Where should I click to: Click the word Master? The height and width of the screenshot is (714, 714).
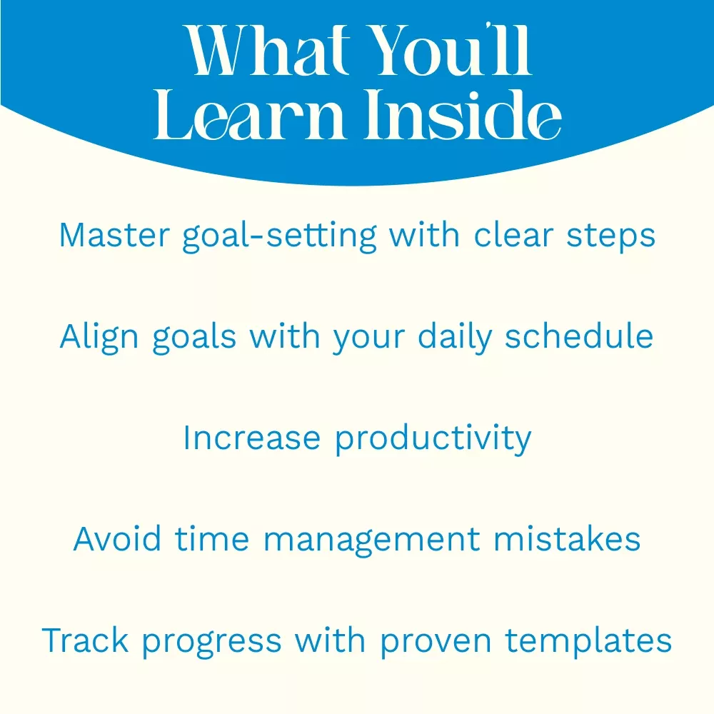click(x=114, y=236)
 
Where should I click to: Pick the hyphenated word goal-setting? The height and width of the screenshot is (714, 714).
click(x=280, y=236)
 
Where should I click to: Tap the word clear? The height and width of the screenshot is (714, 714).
click(x=513, y=236)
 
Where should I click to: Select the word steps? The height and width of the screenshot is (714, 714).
click(x=610, y=237)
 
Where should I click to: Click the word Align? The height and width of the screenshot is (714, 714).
click(x=99, y=338)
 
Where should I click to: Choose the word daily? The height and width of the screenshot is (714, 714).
click(x=455, y=338)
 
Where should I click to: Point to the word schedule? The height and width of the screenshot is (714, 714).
click(x=579, y=336)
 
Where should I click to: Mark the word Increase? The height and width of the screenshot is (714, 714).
click(x=252, y=438)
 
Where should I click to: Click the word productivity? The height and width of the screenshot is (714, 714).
click(x=433, y=439)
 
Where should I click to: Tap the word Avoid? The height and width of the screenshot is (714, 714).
click(x=117, y=538)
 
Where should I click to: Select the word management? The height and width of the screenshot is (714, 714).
click(x=372, y=540)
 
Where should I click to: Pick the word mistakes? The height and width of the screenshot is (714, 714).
click(x=567, y=538)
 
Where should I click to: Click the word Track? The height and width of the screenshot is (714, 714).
click(x=85, y=640)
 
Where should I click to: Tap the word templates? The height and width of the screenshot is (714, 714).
click(x=588, y=642)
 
